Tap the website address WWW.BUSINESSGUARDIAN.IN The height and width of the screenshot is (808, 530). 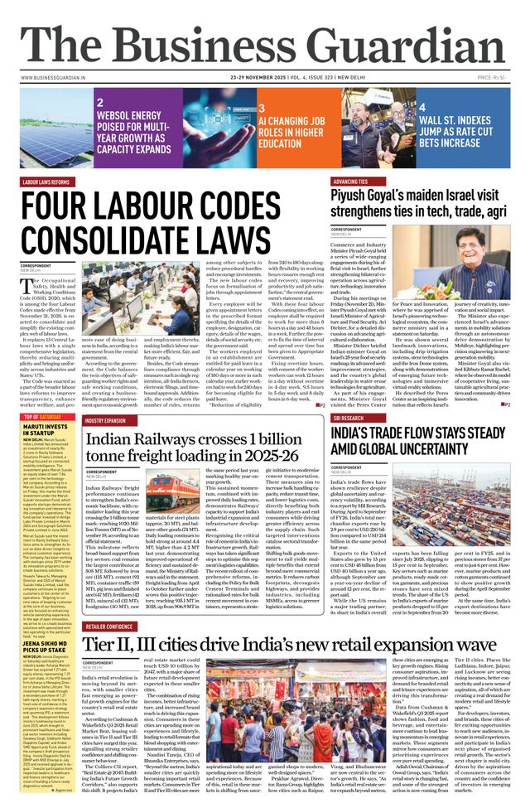[55, 78]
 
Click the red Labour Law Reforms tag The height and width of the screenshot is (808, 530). [46, 181]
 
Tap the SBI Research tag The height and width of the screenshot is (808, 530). [352, 419]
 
